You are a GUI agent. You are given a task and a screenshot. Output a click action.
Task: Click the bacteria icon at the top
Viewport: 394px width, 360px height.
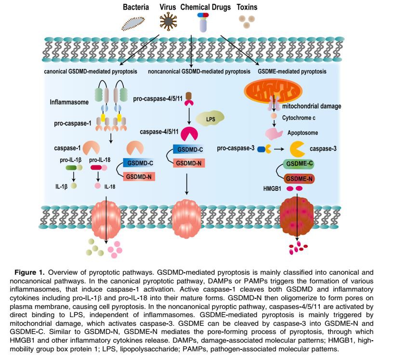point(133,22)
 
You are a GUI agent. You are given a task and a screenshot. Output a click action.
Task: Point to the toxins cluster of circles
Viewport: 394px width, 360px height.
point(248,20)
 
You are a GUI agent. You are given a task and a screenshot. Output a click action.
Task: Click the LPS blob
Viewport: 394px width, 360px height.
point(210,119)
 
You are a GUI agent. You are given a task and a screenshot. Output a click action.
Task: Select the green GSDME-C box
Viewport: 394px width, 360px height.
point(300,164)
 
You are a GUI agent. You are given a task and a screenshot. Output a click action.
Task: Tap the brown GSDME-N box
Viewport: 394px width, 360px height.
point(300,178)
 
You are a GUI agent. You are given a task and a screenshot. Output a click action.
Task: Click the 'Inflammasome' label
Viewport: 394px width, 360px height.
point(69,102)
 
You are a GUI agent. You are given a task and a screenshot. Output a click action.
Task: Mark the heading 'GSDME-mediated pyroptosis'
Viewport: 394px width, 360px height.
point(292,71)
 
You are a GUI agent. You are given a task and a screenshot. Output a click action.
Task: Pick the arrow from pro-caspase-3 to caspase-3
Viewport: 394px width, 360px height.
point(281,149)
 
